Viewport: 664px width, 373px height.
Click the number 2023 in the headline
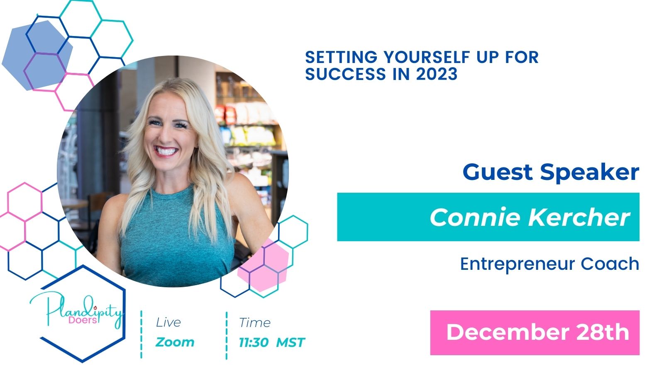[437, 74]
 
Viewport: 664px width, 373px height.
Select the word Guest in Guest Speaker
[498, 172]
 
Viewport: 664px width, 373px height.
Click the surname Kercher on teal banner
[579, 218]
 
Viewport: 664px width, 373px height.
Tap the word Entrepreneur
[517, 264]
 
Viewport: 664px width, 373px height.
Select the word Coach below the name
[610, 264]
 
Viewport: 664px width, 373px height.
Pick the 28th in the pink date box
[602, 332]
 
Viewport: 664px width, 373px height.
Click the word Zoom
[175, 342]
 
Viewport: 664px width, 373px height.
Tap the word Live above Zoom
[168, 322]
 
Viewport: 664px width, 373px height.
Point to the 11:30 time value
[254, 343]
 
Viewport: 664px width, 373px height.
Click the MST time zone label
[290, 343]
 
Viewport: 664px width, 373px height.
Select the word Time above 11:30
[255, 323]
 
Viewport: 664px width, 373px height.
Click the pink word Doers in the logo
[83, 320]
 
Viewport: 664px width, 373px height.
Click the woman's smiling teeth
[166, 151]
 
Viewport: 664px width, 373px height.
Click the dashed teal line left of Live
[142, 334]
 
